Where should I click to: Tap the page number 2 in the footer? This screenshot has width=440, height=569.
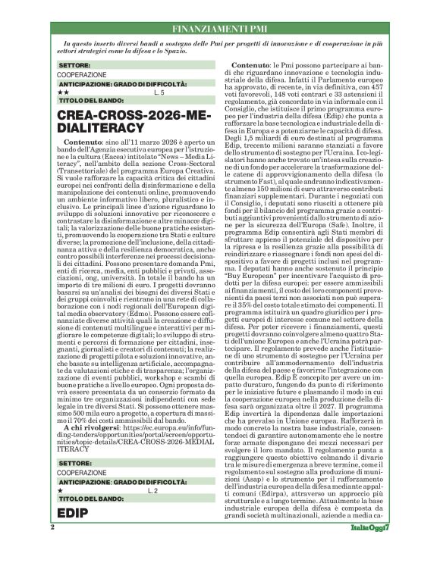pos(52,547)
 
